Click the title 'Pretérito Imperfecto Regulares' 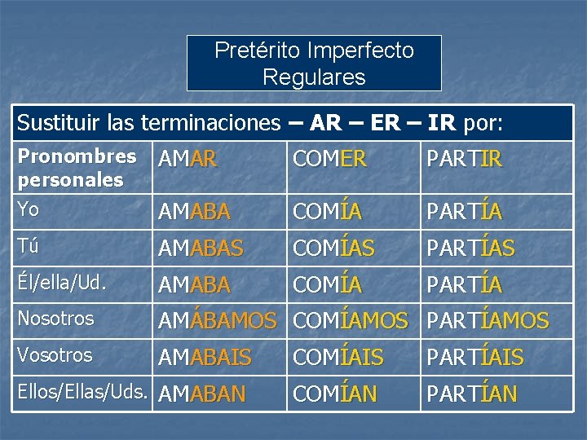pyautogui.click(x=314, y=64)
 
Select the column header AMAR pyautogui.click(x=188, y=161)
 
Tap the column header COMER pyautogui.click(x=329, y=161)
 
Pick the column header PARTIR pyautogui.click(x=464, y=161)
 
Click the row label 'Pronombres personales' pyautogui.click(x=77, y=167)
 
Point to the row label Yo pyautogui.click(x=29, y=209)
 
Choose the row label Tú pyautogui.click(x=29, y=246)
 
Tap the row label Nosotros pyautogui.click(x=55, y=319)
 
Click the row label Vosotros pyautogui.click(x=55, y=355)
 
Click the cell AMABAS pyautogui.click(x=201, y=249)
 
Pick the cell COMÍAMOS pyautogui.click(x=351, y=321)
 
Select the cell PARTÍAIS pyautogui.click(x=474, y=358)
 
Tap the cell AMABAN pyautogui.click(x=201, y=394)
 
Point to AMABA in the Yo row pyautogui.click(x=194, y=212)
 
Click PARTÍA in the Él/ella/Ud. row pyautogui.click(x=464, y=285)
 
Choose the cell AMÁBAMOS pyautogui.click(x=217, y=321)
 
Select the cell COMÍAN pyautogui.click(x=334, y=394)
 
